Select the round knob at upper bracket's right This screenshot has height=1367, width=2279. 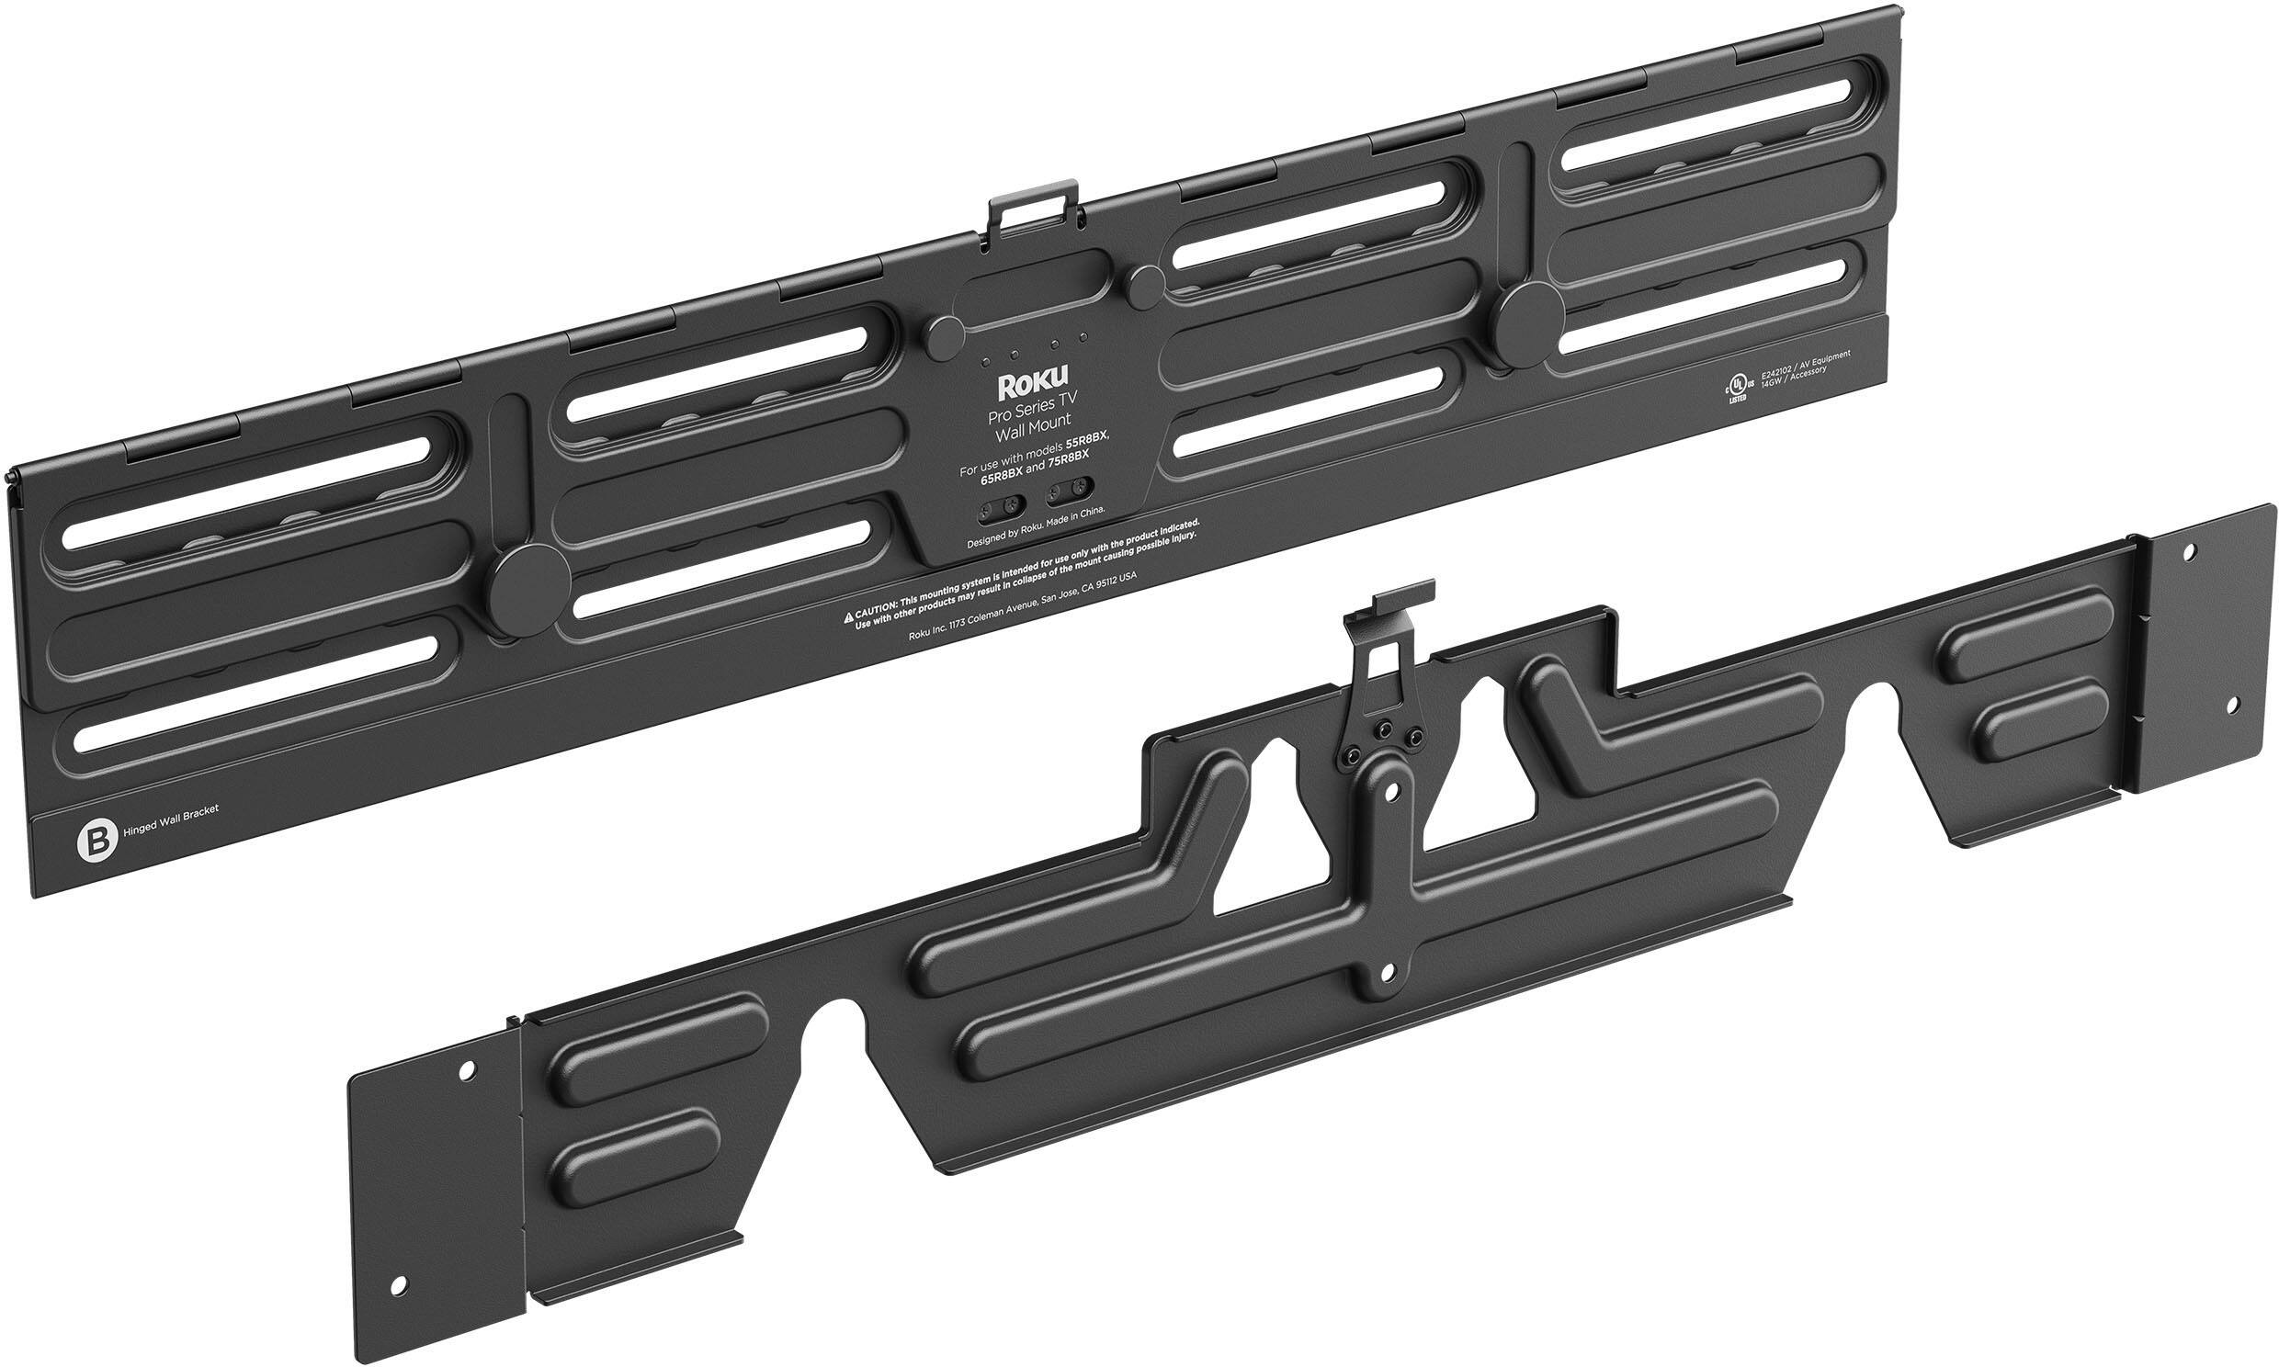1526,316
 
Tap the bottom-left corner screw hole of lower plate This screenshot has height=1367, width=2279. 398,1284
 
